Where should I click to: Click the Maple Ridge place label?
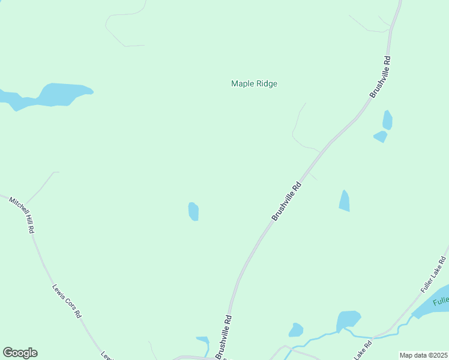254,84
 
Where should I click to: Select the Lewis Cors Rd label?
67,301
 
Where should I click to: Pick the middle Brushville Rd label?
286,202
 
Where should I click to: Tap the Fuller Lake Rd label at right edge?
433,275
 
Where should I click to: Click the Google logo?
20,353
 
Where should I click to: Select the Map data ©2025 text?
423,355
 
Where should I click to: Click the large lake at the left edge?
57,95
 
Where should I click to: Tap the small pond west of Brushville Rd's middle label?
193,211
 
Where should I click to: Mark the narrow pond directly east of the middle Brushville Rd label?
344,201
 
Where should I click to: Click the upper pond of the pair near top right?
388,120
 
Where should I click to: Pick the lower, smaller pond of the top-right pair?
381,137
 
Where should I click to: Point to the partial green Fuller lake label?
441,299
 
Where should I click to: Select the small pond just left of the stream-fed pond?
296,330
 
